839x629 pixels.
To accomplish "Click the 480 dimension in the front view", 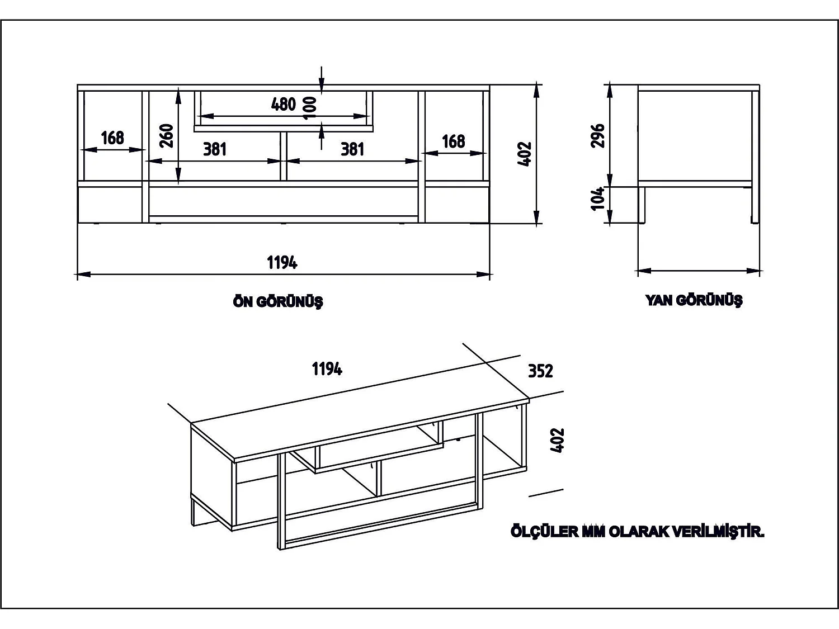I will pos(283,104).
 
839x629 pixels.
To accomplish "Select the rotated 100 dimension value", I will pos(309,107).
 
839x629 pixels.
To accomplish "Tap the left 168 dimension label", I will pos(112,138).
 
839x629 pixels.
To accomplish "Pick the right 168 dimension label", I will pos(453,141).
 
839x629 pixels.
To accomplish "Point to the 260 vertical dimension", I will pos(167,135).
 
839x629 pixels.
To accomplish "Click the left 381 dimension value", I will pos(215,149).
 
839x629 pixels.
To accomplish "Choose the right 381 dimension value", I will pos(352,149).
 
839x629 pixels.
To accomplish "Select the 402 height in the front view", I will pos(525,154).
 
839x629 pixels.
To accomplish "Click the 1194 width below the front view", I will pos(282,262).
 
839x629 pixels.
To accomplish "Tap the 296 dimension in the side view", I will pos(598,135).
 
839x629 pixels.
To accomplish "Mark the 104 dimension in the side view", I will pos(598,198).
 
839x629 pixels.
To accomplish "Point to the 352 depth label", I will pos(540,371).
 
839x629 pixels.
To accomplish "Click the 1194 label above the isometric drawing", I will pos(327,369).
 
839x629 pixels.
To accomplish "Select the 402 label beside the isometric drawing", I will pos(558,440).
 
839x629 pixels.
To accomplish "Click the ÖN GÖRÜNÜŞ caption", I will pos(278,302).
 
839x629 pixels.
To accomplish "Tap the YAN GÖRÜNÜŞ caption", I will pos(694,300).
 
